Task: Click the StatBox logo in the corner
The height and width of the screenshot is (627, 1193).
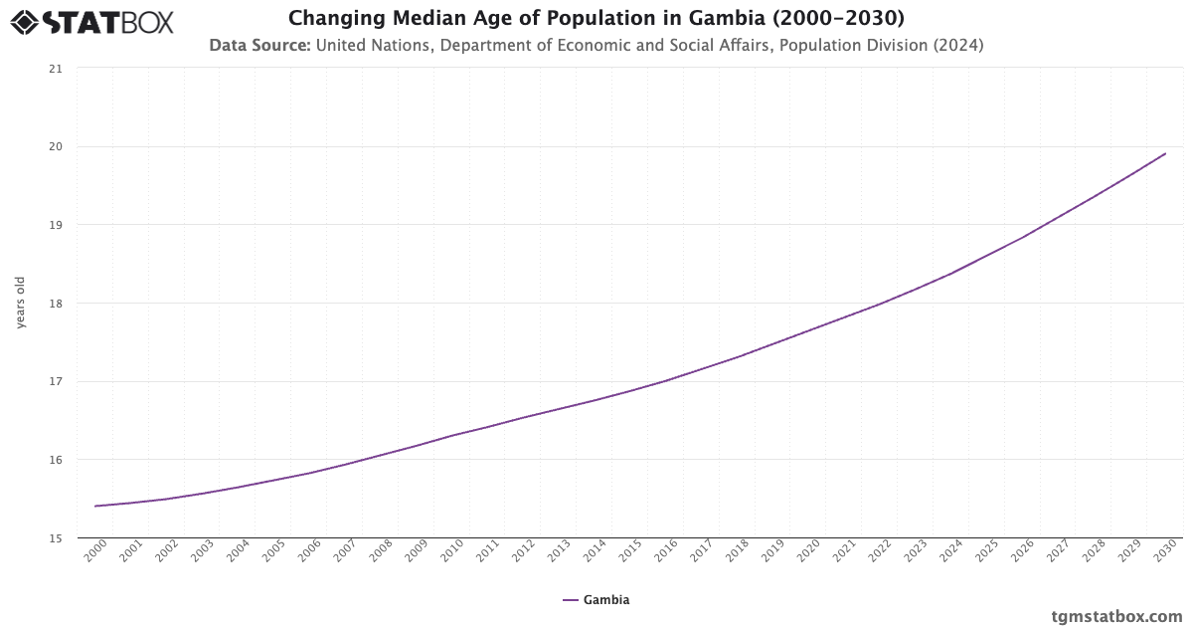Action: click(x=91, y=21)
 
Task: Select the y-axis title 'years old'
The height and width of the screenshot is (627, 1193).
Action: click(x=20, y=303)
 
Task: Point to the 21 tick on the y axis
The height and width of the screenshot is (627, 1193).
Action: click(x=55, y=69)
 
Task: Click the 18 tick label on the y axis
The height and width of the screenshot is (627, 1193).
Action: click(x=55, y=304)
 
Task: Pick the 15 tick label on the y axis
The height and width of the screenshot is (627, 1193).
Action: click(x=55, y=538)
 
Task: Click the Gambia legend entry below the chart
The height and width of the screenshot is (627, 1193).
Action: click(x=596, y=600)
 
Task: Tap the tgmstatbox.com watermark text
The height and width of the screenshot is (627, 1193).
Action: click(x=1117, y=616)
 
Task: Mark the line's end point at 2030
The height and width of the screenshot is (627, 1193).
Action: click(x=1165, y=153)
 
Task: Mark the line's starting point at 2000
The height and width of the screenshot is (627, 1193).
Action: click(x=95, y=506)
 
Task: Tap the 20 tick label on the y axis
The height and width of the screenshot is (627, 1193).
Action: click(x=55, y=147)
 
